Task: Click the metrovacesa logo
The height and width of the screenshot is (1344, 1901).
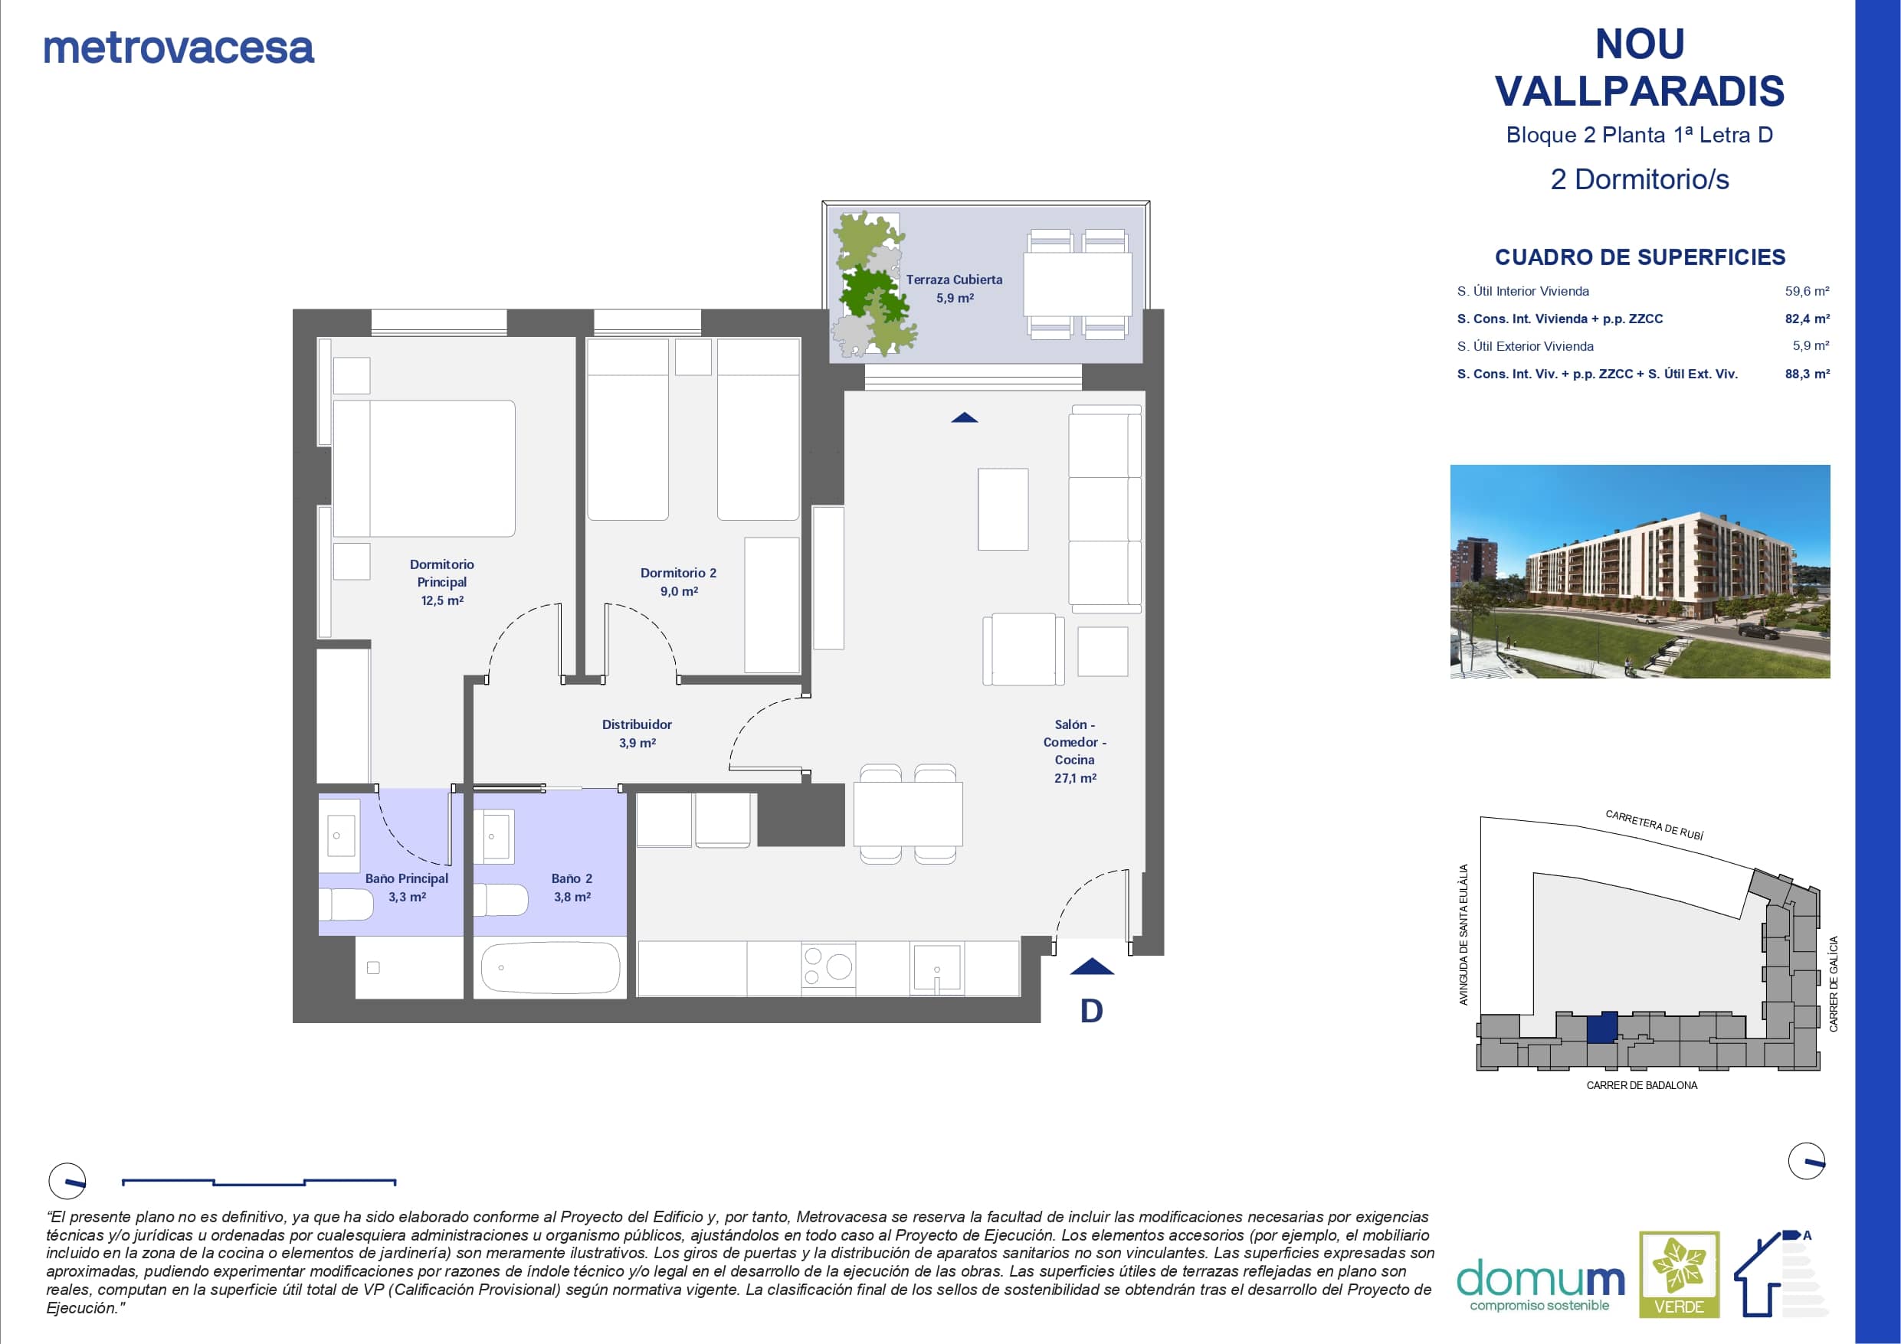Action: pyautogui.click(x=179, y=48)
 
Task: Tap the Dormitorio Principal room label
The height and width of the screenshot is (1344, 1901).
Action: pyautogui.click(x=442, y=582)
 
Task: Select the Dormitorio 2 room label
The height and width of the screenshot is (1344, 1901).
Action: pyautogui.click(x=678, y=581)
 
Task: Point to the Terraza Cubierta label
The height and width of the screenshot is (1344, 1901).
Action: pyautogui.click(x=954, y=288)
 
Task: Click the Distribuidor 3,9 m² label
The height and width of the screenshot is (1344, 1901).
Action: pyautogui.click(x=637, y=733)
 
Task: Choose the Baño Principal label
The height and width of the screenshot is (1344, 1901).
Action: pyautogui.click(x=407, y=887)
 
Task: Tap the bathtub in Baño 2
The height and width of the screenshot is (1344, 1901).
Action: pyautogui.click(x=551, y=966)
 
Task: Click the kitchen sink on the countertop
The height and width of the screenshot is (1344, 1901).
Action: pyautogui.click(x=936, y=967)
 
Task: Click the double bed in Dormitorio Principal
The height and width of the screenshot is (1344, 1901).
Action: pyautogui.click(x=424, y=469)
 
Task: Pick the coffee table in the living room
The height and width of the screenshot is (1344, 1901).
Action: pyautogui.click(x=1003, y=509)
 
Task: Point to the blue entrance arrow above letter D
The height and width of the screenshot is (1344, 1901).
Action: pyautogui.click(x=1092, y=966)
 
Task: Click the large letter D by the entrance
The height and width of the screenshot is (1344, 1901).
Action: pyautogui.click(x=1091, y=1010)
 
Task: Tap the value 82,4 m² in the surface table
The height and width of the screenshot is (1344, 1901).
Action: pyautogui.click(x=1808, y=319)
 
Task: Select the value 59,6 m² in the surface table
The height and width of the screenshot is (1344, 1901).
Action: pyautogui.click(x=1808, y=291)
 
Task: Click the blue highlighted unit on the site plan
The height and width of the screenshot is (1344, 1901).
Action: pyautogui.click(x=1602, y=1027)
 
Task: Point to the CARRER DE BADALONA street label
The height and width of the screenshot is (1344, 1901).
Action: pyautogui.click(x=1642, y=1085)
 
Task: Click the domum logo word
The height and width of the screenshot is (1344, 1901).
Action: pyautogui.click(x=1540, y=1279)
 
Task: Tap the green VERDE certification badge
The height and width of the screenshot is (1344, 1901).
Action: pyautogui.click(x=1680, y=1274)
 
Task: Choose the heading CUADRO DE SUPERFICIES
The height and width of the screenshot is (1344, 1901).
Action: pyautogui.click(x=1640, y=257)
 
